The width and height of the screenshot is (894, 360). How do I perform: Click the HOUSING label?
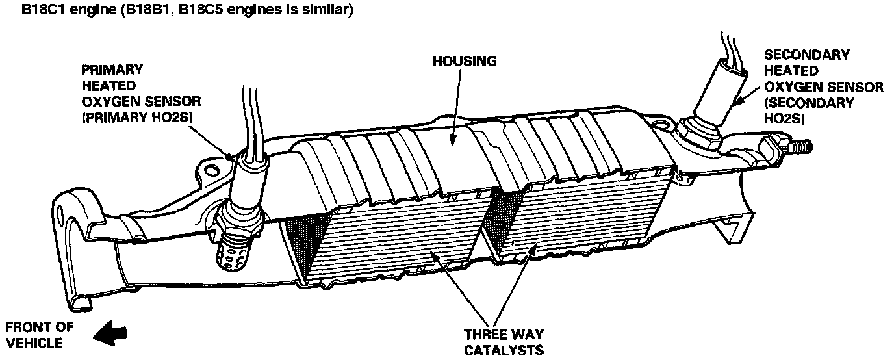tap(465, 61)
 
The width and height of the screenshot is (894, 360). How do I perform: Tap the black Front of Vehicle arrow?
tap(109, 334)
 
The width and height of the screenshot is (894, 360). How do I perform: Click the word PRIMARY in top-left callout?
tap(111, 69)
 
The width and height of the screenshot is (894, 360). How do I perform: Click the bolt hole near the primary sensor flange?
tap(210, 171)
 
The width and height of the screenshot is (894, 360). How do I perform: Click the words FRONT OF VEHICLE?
tap(38, 334)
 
